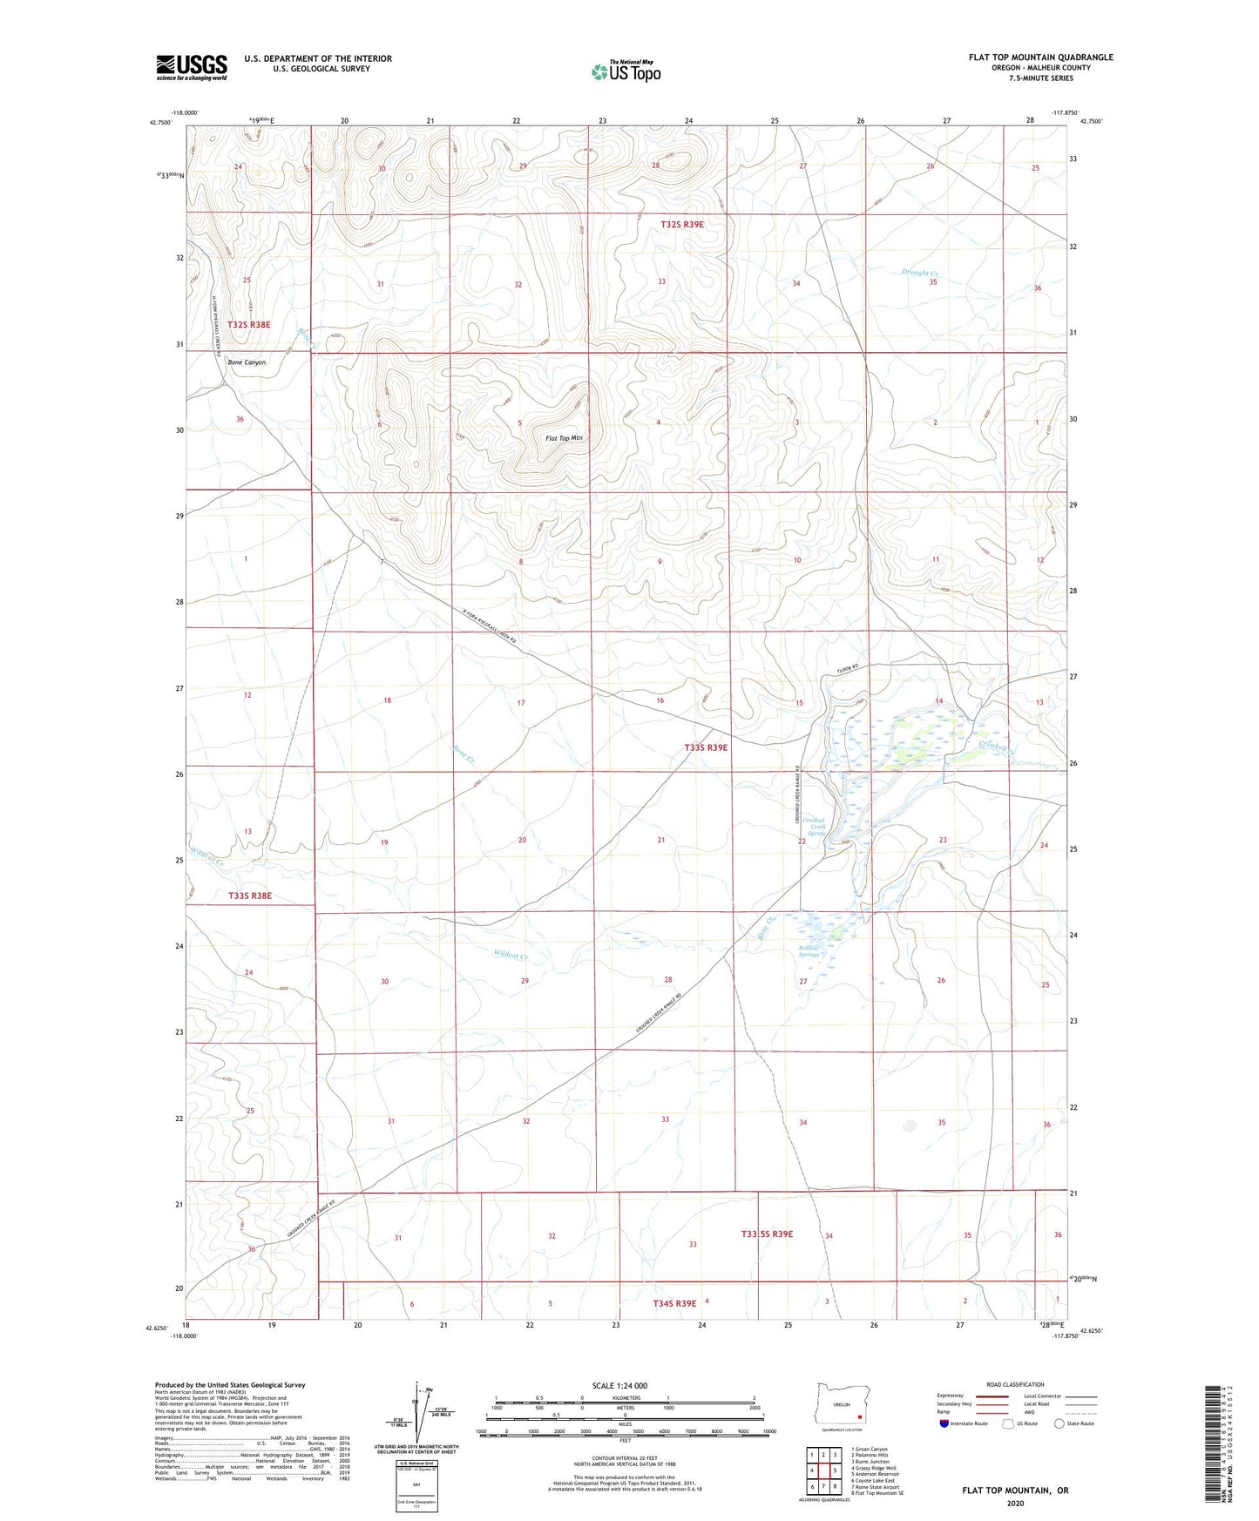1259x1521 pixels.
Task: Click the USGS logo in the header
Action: pyautogui.click(x=192, y=67)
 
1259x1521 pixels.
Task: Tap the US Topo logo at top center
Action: pyautogui.click(x=626, y=71)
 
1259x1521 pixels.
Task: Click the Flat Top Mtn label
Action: pyautogui.click(x=563, y=438)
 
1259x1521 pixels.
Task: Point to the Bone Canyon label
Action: pyautogui.click(x=247, y=362)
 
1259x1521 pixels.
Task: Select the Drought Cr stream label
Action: pyautogui.click(x=919, y=273)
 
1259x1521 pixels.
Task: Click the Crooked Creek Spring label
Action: pyautogui.click(x=814, y=827)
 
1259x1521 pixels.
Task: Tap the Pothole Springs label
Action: pyautogui.click(x=809, y=951)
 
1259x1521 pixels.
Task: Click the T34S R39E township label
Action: pyautogui.click(x=674, y=1303)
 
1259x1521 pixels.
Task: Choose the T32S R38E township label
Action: pyautogui.click(x=249, y=324)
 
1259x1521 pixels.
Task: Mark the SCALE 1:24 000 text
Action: pyautogui.click(x=619, y=1385)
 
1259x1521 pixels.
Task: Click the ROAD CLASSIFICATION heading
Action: pyautogui.click(x=1015, y=1384)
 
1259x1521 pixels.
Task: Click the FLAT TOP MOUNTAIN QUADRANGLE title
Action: pyautogui.click(x=1040, y=57)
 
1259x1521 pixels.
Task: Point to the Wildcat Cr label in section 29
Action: pyautogui.click(x=511, y=955)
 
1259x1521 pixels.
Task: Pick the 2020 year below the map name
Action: pyautogui.click(x=1015, y=1503)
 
